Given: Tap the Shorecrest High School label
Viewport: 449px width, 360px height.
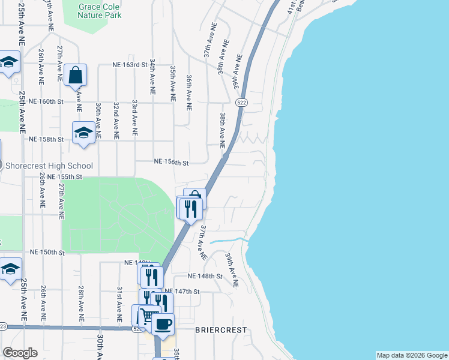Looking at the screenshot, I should [x=49, y=166].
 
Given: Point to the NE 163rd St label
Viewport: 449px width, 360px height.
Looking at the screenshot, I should [x=130, y=64].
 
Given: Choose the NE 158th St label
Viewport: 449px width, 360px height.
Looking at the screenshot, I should [x=46, y=139].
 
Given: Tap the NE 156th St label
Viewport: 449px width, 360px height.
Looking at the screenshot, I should [x=172, y=162].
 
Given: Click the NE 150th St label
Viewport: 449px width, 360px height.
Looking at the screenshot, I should [x=46, y=252].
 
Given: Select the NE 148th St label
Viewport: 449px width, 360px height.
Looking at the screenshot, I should [x=205, y=276].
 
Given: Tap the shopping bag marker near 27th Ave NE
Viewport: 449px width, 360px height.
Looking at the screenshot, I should [x=76, y=76].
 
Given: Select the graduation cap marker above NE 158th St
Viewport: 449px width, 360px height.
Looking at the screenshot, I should [x=83, y=133].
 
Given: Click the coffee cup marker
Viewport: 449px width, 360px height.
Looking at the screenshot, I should [x=162, y=325].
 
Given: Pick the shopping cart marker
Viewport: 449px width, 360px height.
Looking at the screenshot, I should [x=148, y=316].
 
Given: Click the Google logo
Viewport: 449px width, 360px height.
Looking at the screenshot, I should [x=20, y=353].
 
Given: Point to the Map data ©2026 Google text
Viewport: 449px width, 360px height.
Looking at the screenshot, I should [x=411, y=355].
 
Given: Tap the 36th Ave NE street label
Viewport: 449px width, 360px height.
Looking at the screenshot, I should [x=189, y=92].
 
